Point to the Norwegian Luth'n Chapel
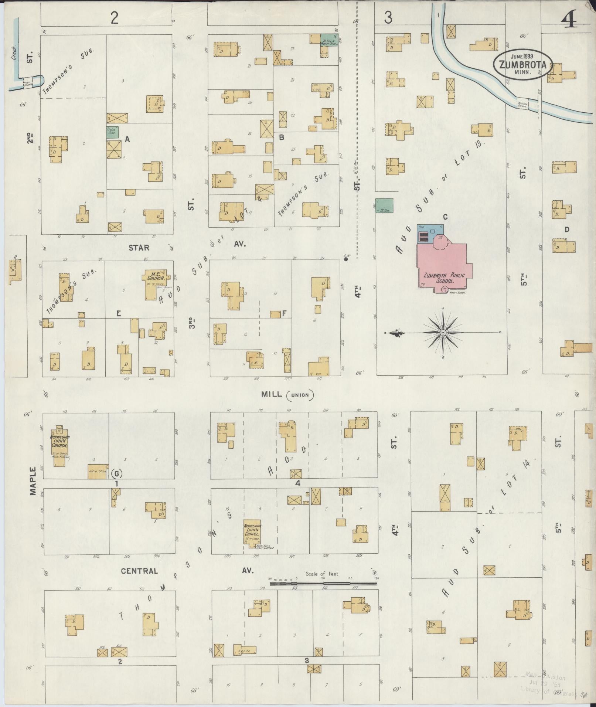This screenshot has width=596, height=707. (x=253, y=532)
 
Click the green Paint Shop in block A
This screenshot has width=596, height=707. (x=112, y=132)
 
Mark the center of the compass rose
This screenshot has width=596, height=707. (x=443, y=333)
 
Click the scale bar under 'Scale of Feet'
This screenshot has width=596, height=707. (x=323, y=584)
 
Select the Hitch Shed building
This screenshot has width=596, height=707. (x=98, y=471)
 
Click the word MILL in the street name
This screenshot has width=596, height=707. (x=272, y=394)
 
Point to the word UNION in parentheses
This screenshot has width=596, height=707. (x=300, y=395)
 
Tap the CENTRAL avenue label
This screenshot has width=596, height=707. (x=139, y=571)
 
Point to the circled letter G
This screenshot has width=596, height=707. (x=116, y=473)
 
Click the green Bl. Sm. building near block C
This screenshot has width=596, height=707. (x=384, y=205)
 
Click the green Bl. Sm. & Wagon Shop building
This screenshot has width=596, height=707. (x=328, y=40)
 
